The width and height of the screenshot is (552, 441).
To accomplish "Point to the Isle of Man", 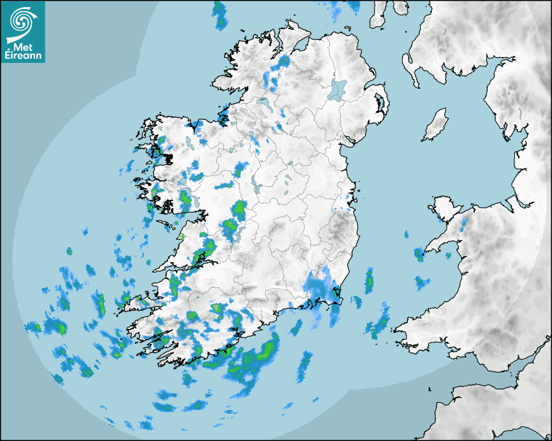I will click(435, 125).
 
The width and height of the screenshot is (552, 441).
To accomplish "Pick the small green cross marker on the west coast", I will click(182, 237).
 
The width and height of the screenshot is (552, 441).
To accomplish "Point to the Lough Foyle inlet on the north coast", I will click(297, 45).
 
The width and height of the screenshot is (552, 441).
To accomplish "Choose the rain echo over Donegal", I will click(276, 71).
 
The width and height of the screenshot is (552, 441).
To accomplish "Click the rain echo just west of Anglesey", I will click(420, 253).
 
